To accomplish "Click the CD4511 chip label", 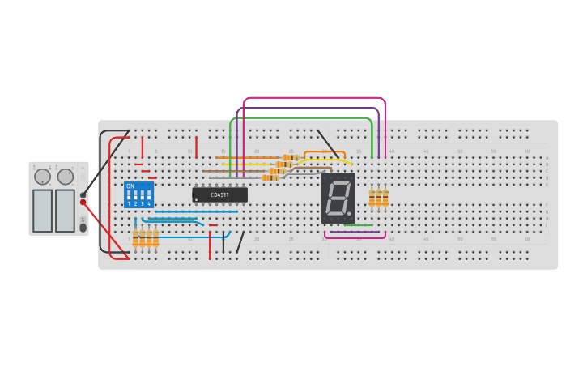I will [219, 194].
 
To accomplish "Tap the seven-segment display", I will [338, 198].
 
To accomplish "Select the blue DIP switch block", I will [138, 194].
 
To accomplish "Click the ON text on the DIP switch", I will [130, 186].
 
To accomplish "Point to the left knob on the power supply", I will [42, 177].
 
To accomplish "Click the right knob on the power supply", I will [66, 177].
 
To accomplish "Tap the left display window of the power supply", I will [42, 210].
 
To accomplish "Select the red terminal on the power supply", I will [83, 203].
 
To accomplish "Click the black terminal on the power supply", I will [83, 194].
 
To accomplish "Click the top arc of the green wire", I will [300, 117].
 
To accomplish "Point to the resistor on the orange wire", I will [291, 157].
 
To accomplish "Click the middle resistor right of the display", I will [378, 197].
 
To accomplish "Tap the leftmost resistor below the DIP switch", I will [136, 238].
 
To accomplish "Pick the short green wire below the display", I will [359, 225].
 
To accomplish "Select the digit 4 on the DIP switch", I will [149, 203].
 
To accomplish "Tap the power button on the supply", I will [83, 228].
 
